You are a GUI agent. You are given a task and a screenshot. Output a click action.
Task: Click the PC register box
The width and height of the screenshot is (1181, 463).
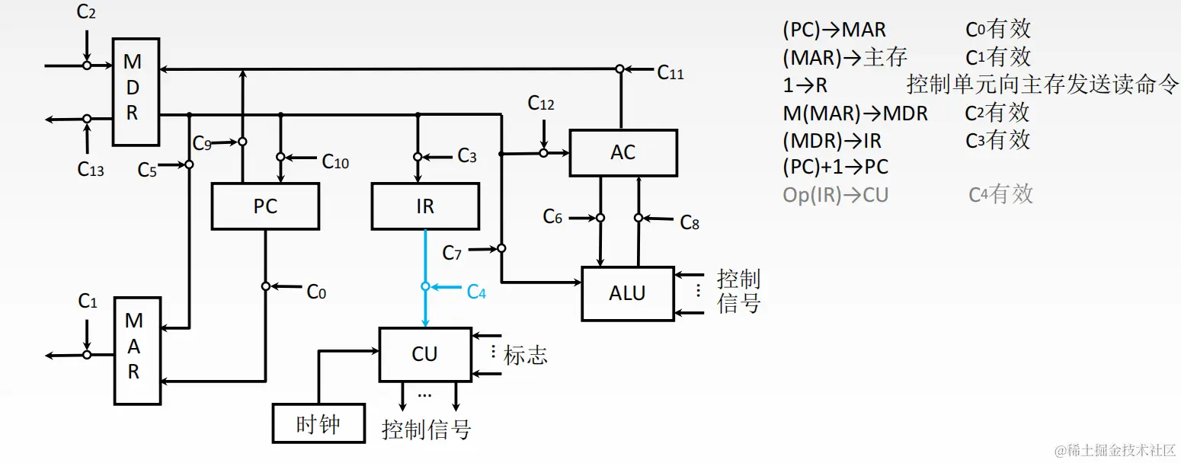coord(265,206)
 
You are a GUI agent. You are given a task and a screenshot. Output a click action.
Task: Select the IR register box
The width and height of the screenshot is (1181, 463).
coord(425,206)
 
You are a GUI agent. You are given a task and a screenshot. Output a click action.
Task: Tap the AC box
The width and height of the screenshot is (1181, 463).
coord(623,152)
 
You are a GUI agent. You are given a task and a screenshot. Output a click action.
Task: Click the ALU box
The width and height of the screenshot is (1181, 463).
coord(627,293)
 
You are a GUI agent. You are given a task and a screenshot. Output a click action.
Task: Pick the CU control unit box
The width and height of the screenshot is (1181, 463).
coord(424,354)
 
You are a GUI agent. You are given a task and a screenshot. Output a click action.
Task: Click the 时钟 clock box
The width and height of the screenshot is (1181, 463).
coord(318,423)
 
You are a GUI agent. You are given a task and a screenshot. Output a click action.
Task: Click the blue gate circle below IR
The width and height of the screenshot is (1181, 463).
coord(426,286)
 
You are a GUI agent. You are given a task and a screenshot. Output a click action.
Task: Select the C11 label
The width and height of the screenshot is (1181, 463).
coord(670,73)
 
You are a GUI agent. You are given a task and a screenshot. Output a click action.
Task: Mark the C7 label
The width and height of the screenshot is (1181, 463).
coord(452,253)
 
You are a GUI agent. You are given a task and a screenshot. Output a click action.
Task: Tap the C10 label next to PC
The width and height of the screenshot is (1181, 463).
coord(335,161)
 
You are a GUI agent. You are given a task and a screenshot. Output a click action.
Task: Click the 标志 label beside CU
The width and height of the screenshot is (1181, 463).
coord(525,355)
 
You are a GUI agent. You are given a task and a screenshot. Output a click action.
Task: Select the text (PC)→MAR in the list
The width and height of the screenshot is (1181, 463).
coord(834,30)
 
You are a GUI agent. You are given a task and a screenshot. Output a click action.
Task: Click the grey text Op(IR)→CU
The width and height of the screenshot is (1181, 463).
coord(835,195)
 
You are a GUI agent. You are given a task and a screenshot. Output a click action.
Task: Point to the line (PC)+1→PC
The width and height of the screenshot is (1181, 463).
coord(835,167)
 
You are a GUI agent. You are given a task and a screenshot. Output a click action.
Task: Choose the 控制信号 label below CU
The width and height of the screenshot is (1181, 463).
coord(426,430)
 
